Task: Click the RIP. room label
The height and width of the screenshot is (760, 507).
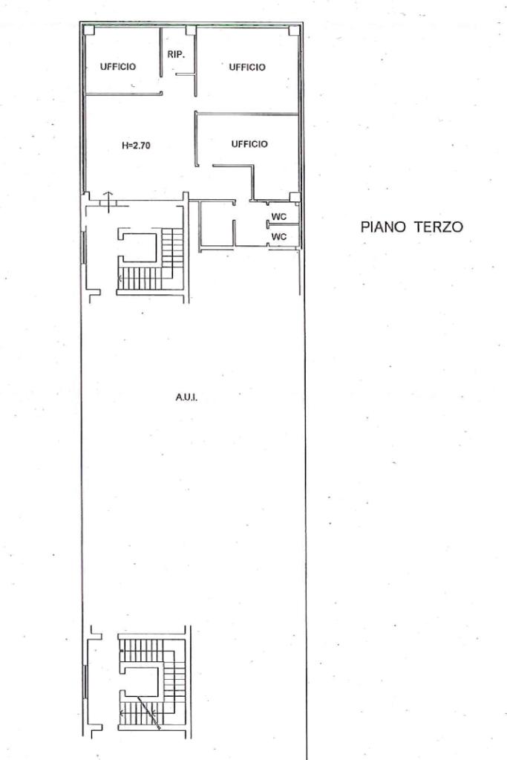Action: pos(176,55)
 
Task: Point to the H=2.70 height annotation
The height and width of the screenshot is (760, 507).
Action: pos(136,145)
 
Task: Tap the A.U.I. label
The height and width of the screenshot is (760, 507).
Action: pos(186,397)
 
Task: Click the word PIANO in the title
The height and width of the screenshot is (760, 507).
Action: pos(383,227)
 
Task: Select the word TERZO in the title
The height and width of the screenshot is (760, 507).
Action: pos(438,227)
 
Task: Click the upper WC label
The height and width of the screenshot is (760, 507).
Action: pos(279,217)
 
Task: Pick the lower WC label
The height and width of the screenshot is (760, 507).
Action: pos(279,236)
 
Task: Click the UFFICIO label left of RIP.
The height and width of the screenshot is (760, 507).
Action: pos(118,66)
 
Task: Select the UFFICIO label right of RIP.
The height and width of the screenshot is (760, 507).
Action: pos(247,67)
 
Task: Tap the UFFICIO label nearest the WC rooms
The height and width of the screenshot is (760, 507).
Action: pos(249,144)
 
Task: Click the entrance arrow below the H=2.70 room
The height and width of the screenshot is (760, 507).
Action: pos(108,201)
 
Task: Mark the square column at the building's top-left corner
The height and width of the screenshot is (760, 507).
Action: pos(88,30)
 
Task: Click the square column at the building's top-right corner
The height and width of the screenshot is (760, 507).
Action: pos(294,30)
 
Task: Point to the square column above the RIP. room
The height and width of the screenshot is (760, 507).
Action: pos(191,30)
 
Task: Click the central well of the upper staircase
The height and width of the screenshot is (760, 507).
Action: pos(141,247)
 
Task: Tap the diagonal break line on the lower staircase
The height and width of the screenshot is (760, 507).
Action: pos(148,712)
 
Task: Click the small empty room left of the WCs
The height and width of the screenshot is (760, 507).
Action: pos(217,224)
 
